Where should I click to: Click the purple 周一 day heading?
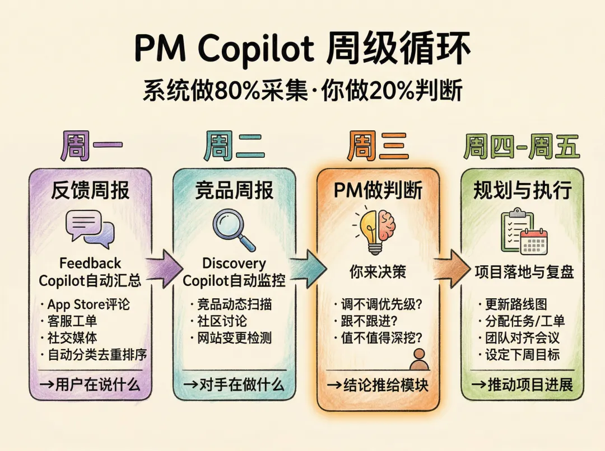click(x=91, y=147)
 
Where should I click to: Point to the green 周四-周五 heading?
click(x=522, y=147)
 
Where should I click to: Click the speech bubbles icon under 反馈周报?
click(x=90, y=229)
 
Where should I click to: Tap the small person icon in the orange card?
click(x=418, y=359)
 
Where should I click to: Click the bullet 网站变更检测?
click(x=231, y=338)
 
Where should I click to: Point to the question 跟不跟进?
click(x=367, y=321)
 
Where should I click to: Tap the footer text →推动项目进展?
click(x=522, y=384)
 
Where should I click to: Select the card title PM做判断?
click(x=378, y=191)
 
